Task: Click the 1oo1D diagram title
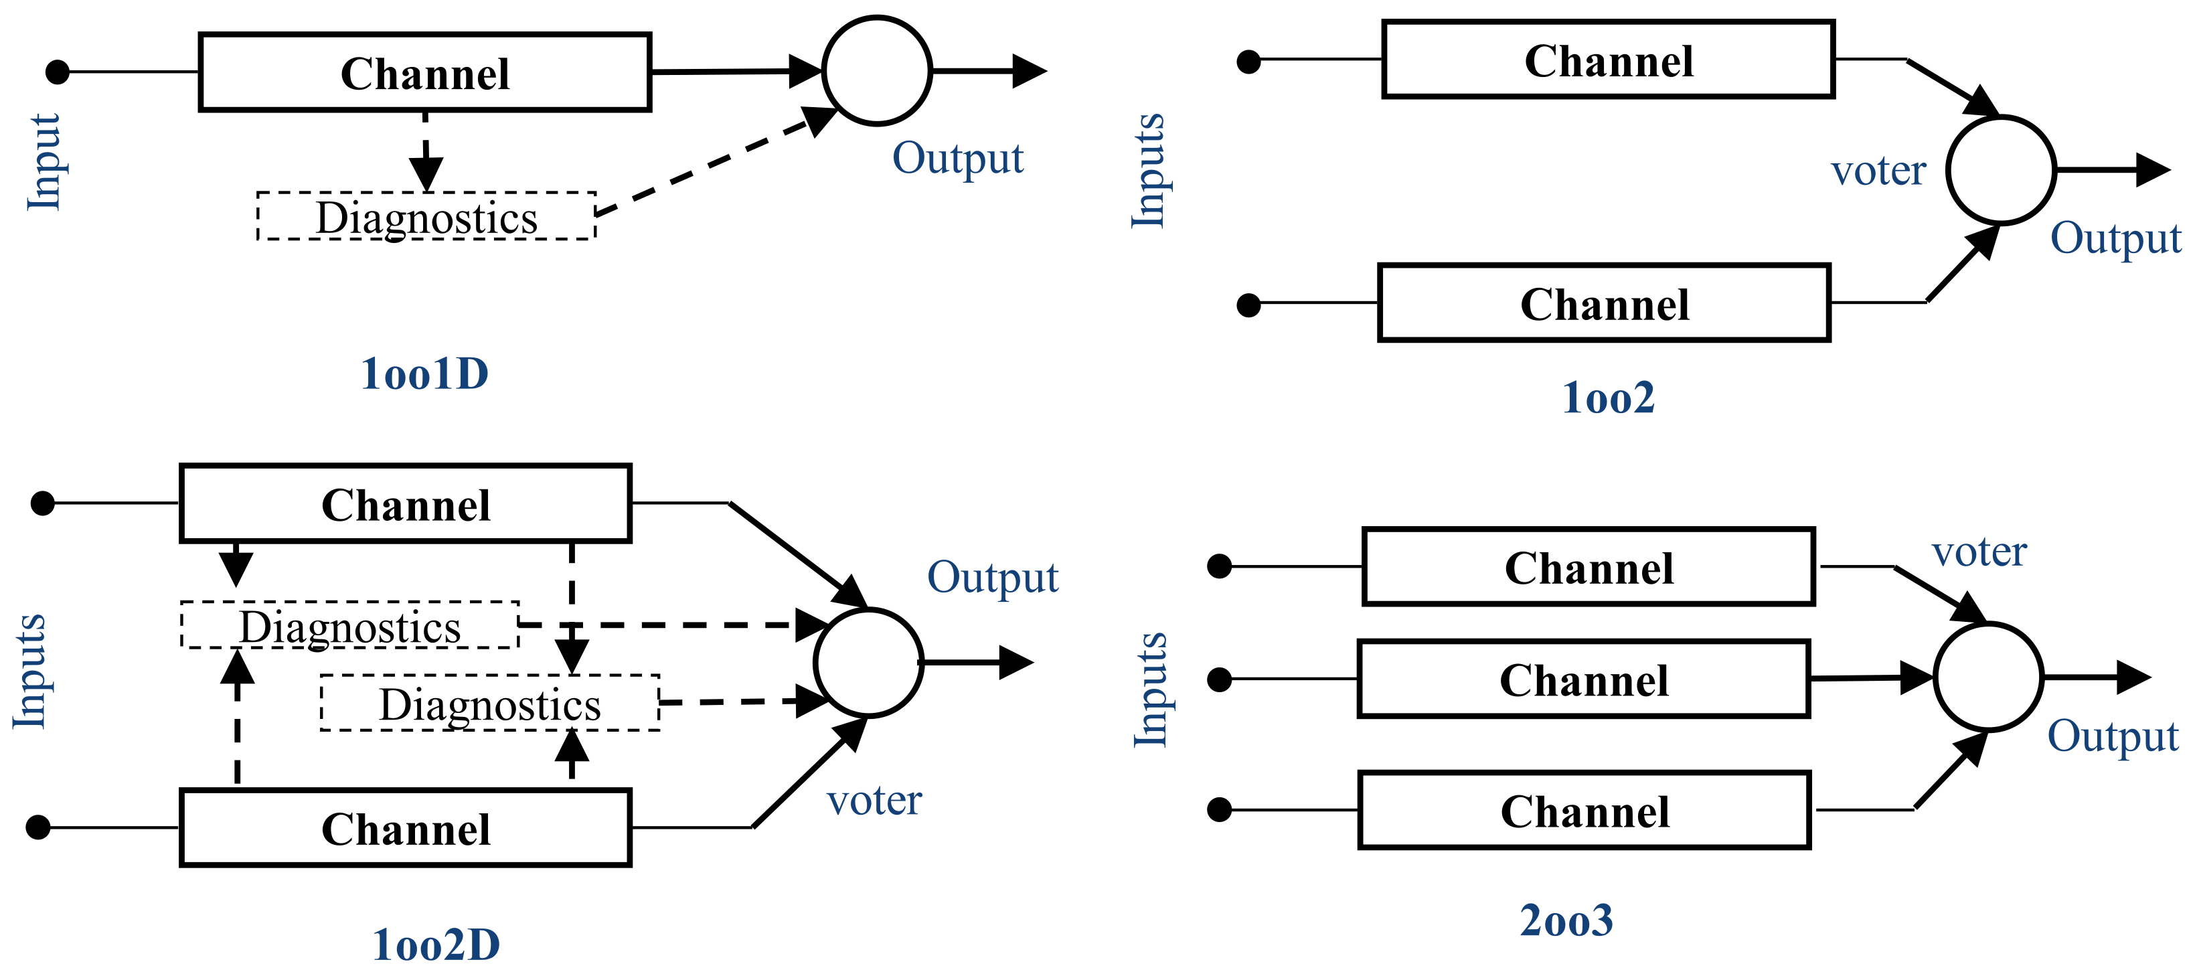click(424, 374)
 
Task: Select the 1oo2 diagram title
click(1609, 398)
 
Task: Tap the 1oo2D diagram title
click(436, 945)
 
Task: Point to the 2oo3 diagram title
click(1566, 920)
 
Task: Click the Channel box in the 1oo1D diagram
click(424, 72)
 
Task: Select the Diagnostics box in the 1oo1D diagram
click(426, 217)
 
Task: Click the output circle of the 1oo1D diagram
click(877, 71)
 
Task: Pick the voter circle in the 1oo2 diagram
click(2001, 171)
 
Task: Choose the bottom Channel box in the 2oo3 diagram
click(1584, 811)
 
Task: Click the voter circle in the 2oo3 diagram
click(1988, 677)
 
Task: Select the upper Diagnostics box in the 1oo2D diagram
click(349, 626)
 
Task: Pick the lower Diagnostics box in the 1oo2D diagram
click(489, 704)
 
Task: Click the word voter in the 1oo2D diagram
click(874, 800)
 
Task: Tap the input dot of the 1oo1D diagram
click(57, 72)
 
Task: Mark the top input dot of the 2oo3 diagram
click(1220, 566)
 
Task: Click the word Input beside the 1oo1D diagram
click(44, 162)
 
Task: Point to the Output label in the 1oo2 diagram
click(2115, 238)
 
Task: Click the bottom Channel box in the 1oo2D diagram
click(405, 829)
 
